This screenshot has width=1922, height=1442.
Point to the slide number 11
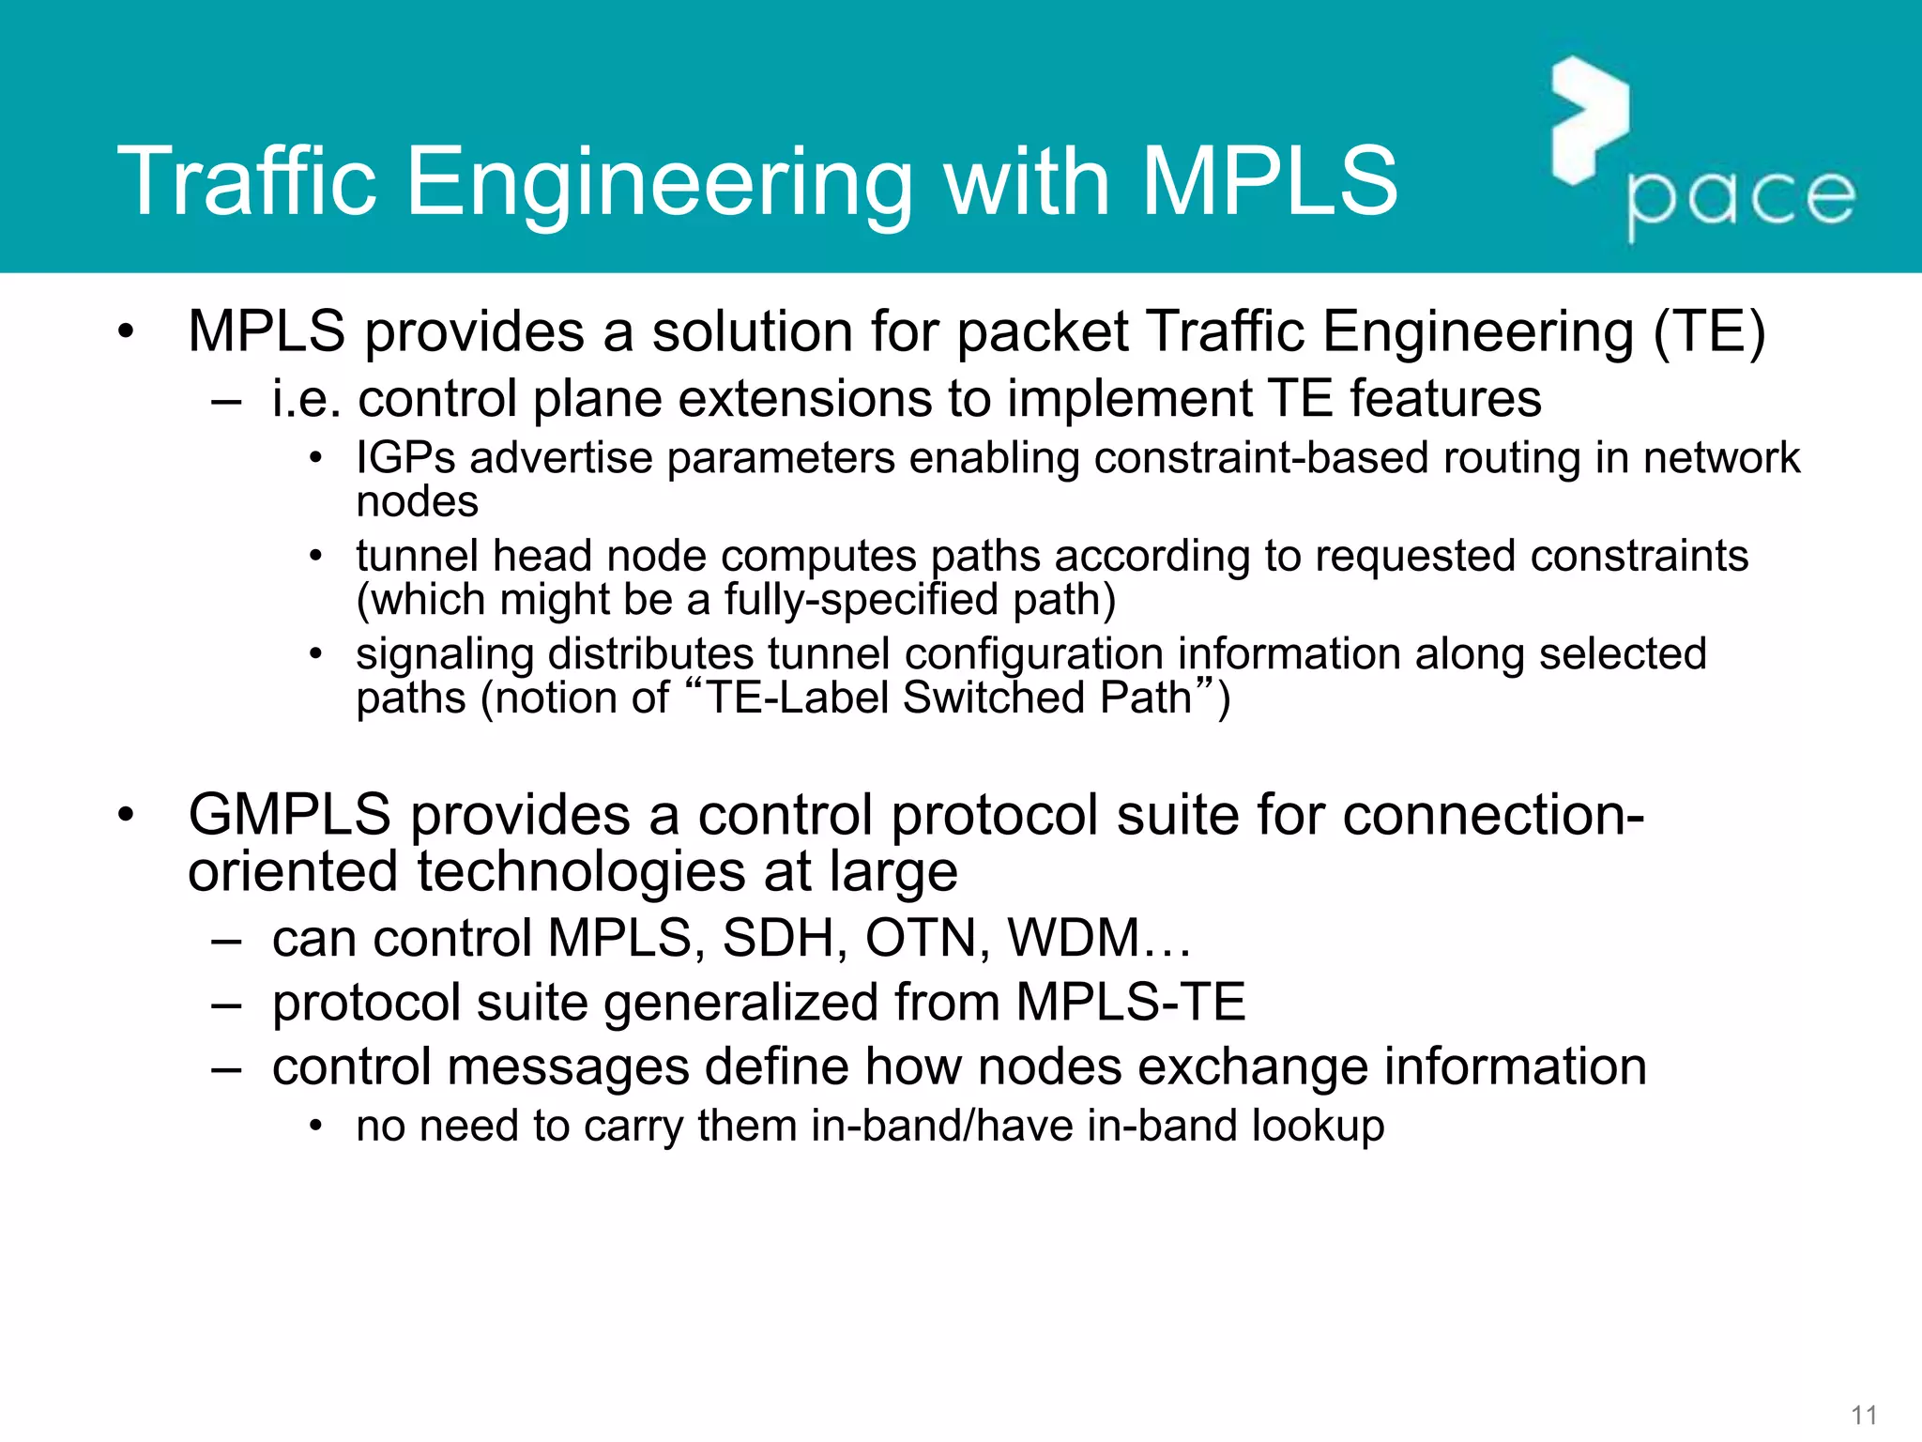tap(1864, 1415)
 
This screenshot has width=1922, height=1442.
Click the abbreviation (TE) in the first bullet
tap(1709, 332)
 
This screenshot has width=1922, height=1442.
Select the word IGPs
tap(405, 459)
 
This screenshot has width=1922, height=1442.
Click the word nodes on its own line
tap(417, 502)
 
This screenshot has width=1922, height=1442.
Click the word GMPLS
tap(289, 815)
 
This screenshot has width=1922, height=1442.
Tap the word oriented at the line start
tap(294, 872)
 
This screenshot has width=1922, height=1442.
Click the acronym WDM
tap(1074, 939)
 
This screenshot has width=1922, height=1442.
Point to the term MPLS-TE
tap(1130, 1003)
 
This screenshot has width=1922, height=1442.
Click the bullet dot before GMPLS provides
tap(126, 815)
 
